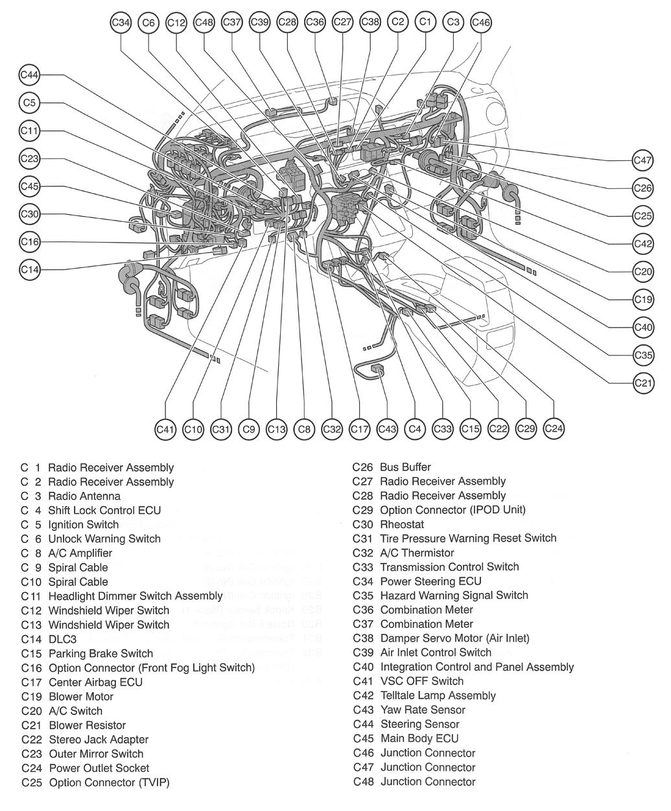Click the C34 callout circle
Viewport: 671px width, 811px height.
click(121, 23)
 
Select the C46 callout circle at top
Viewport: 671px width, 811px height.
click(481, 23)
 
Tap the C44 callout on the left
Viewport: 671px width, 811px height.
click(30, 75)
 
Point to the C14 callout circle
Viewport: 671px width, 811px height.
click(30, 269)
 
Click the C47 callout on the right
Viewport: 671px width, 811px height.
click(642, 160)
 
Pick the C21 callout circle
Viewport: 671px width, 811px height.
click(642, 383)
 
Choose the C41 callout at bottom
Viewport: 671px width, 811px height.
click(166, 429)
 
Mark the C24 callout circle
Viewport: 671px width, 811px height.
click(554, 428)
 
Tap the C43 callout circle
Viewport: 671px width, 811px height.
click(387, 429)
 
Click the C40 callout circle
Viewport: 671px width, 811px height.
click(642, 327)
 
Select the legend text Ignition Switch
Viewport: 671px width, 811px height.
click(84, 524)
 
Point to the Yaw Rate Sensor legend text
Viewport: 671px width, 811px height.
click(423, 710)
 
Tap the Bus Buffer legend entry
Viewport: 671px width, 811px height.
click(405, 467)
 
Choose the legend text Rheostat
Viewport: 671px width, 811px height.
click(402, 524)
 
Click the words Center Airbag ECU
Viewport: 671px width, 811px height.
click(95, 682)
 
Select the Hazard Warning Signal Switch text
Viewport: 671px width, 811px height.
click(454, 595)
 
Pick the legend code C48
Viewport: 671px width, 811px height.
click(364, 782)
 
